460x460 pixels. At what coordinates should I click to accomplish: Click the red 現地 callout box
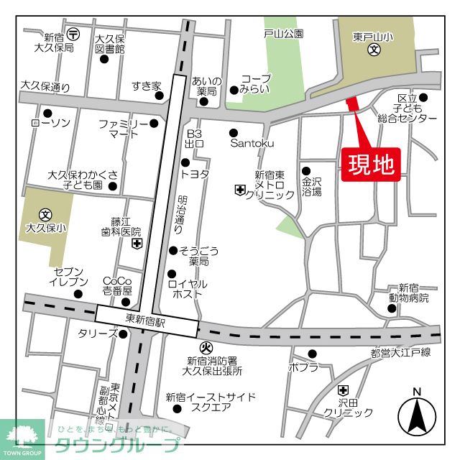(x=371, y=165)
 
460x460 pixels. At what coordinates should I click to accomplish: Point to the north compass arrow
(x=416, y=415)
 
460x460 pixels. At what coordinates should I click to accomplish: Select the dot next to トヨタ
(x=185, y=161)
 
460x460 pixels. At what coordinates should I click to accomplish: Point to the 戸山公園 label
(x=283, y=33)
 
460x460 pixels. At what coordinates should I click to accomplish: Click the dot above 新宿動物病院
(x=392, y=309)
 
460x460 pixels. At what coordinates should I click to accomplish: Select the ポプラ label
(x=303, y=367)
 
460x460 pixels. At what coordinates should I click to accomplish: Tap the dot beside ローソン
(x=47, y=112)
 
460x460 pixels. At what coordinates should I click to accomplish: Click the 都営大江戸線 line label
(x=400, y=352)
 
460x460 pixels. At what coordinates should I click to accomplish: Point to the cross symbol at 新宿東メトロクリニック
(x=239, y=190)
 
